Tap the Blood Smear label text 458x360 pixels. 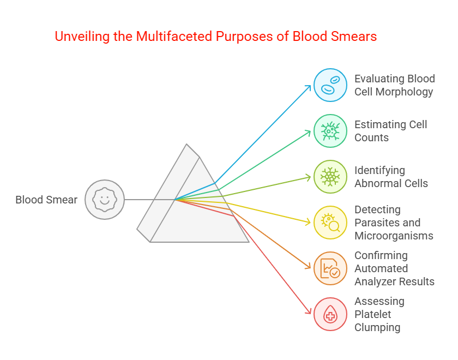(x=46, y=200)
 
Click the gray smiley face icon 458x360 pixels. (x=105, y=200)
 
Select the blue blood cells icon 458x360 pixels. (x=330, y=85)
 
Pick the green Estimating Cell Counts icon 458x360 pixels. (x=330, y=131)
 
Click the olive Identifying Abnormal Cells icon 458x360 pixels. (x=330, y=177)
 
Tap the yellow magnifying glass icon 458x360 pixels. (x=330, y=223)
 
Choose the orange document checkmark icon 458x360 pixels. (x=330, y=268)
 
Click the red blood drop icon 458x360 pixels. (x=330, y=314)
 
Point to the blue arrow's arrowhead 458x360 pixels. (x=309, y=87)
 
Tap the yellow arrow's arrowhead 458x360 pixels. (x=309, y=223)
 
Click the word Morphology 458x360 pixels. (x=404, y=92)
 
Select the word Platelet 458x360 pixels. (x=373, y=314)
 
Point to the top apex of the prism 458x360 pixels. (x=186, y=144)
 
